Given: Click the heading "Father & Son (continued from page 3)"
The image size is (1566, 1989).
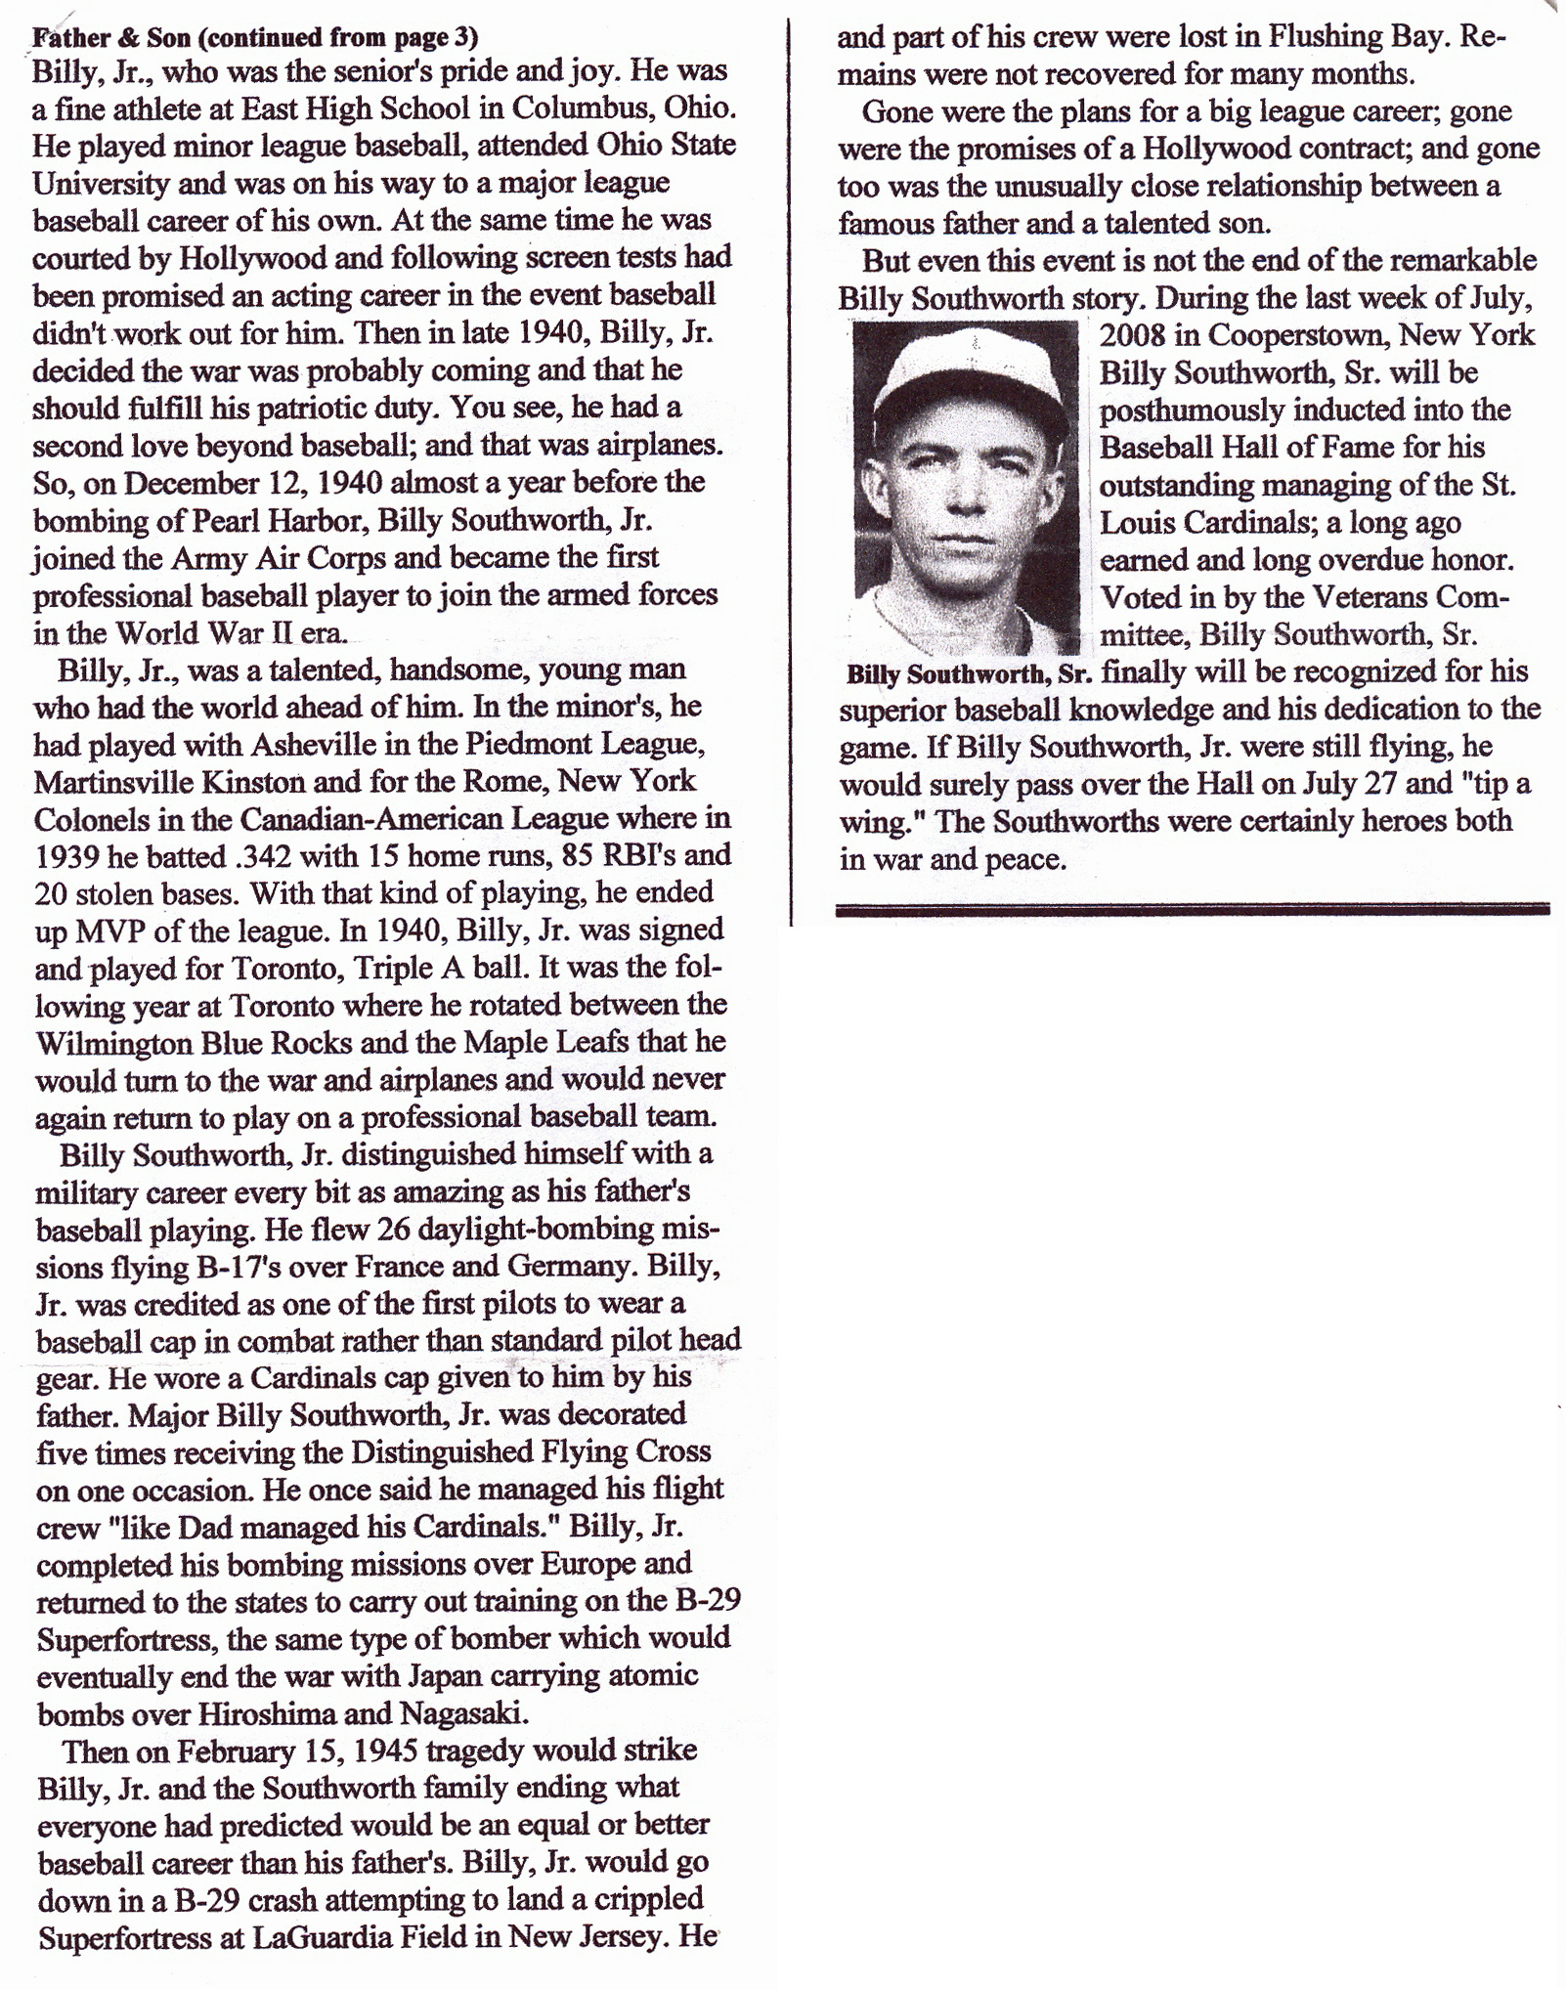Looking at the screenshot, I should tap(255, 38).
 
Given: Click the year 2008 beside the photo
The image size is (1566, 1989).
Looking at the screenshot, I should tap(1134, 335).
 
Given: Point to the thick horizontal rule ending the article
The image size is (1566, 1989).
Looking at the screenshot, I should tap(1193, 908).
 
